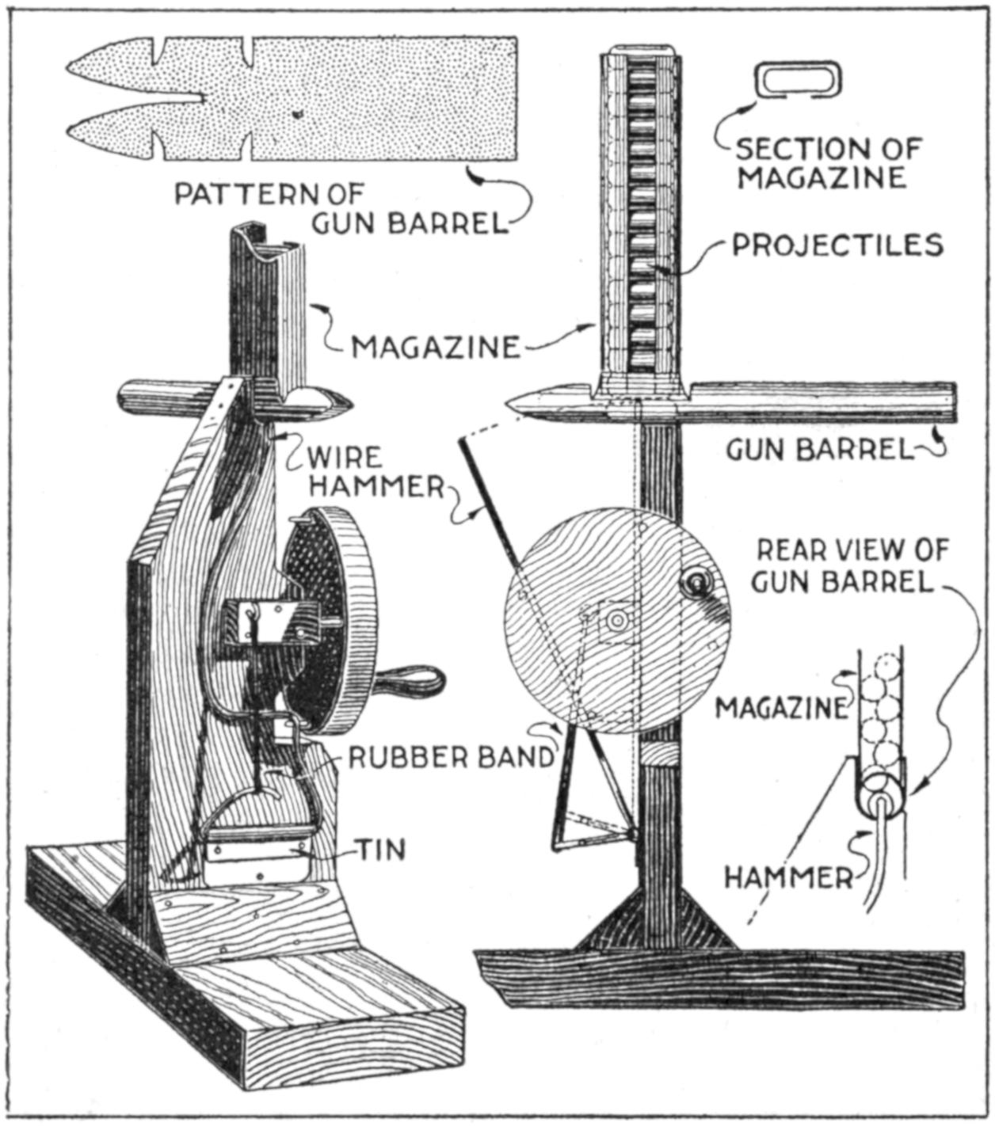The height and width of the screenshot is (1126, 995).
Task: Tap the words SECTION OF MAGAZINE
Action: pyautogui.click(x=828, y=162)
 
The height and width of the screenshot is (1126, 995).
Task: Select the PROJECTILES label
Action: pyautogui.click(x=837, y=245)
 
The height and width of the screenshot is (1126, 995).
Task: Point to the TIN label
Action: pyautogui.click(x=379, y=850)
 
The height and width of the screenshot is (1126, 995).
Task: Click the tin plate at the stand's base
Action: pyautogui.click(x=255, y=852)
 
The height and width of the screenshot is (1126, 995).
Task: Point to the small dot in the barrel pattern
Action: pyautogui.click(x=297, y=114)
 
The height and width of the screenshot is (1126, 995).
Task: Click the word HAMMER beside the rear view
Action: pyautogui.click(x=789, y=877)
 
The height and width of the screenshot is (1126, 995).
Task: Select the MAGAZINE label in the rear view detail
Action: pyautogui.click(x=781, y=707)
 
